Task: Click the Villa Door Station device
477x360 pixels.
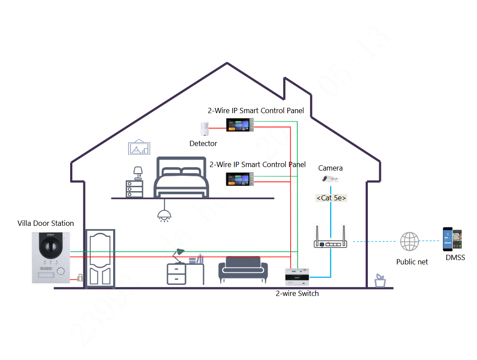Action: click(51, 257)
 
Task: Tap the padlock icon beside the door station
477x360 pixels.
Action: click(80, 278)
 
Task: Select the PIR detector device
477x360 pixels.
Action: click(204, 129)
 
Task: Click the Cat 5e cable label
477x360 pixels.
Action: click(331, 198)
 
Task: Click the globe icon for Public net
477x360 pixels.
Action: click(409, 242)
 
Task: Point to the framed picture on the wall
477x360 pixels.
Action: click(139, 148)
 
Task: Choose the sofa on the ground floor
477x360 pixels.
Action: click(243, 270)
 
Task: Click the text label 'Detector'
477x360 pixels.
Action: click(203, 143)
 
